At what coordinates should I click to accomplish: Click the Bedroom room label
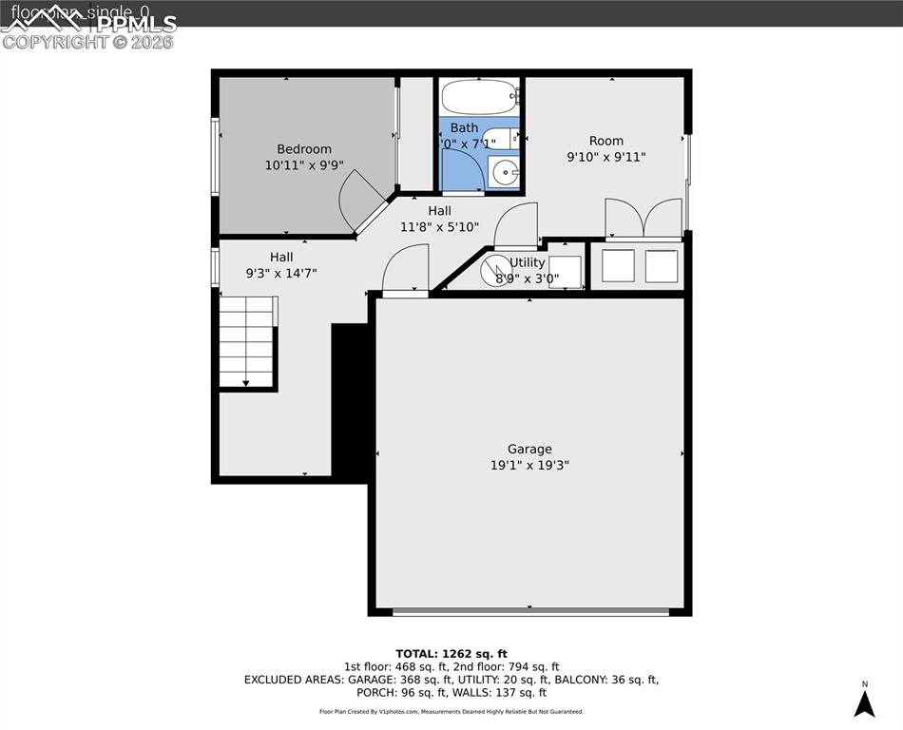tap(304, 148)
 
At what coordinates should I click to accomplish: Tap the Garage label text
tap(529, 449)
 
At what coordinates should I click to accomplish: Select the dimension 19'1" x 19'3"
tap(529, 465)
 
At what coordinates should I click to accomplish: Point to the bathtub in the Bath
tap(480, 96)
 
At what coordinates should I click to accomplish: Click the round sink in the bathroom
tap(505, 173)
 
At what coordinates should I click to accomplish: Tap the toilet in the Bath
tap(500, 138)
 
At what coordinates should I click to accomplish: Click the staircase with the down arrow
tap(247, 342)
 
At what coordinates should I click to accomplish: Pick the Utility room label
tap(528, 262)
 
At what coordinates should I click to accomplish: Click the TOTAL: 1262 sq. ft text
tap(451, 653)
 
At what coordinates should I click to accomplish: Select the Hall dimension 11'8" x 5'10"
tap(439, 227)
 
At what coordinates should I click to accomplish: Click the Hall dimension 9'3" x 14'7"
tap(280, 273)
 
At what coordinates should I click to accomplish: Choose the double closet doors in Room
tap(644, 219)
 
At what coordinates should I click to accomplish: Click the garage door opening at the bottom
tap(530, 611)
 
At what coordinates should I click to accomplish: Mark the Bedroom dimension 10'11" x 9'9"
tap(304, 164)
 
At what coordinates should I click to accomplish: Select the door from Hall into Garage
tap(406, 271)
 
